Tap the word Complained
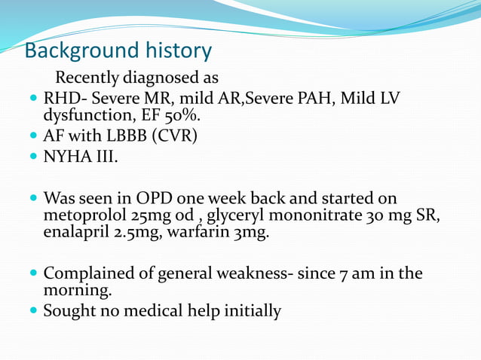(89, 273)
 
